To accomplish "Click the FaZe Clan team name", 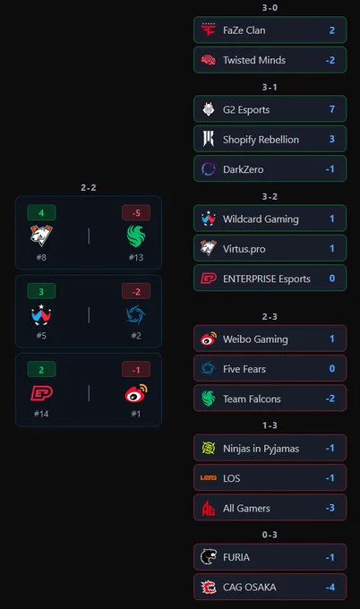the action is [244, 30].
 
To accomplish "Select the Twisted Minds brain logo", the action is [209, 60].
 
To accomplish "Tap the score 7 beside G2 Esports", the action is [332, 109].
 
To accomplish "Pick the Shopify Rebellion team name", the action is [261, 140].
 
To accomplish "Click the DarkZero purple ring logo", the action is [209, 169].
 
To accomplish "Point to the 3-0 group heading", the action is [270, 8].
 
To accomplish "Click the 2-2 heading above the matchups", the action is [88, 187].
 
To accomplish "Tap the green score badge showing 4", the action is [41, 213].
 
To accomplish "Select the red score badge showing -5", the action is [136, 213].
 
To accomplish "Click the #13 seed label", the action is [136, 257].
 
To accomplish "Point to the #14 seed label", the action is [41, 414].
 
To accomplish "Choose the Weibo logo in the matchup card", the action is [136, 393].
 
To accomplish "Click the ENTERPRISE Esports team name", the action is [267, 279].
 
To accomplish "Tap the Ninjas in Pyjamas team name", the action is [261, 449].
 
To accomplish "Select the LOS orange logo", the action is [209, 477].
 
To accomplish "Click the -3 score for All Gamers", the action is [330, 508].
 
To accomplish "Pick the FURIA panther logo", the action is [209, 556].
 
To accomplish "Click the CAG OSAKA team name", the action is [249, 587].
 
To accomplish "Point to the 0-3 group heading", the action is [270, 535].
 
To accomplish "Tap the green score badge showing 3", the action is [41, 291].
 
